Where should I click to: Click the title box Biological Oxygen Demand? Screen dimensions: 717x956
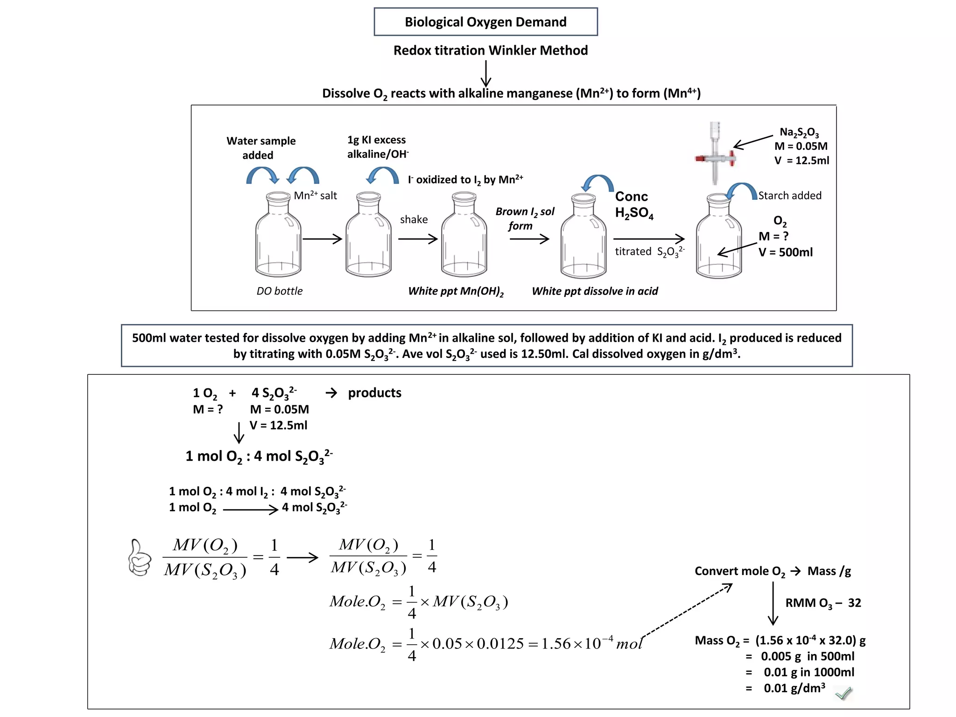[485, 22]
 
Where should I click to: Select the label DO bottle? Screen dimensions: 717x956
[279, 291]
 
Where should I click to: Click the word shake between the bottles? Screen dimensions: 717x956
[414, 219]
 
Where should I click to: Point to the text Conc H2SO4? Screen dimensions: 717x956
[633, 204]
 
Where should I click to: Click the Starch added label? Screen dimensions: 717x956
[789, 196]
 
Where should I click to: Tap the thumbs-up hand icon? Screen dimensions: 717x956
[139, 558]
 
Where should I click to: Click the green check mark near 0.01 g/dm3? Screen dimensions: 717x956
[844, 693]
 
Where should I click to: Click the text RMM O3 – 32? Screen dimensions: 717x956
[822, 603]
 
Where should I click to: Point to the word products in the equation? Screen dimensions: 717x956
[374, 393]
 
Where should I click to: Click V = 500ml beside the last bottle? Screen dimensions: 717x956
[785, 253]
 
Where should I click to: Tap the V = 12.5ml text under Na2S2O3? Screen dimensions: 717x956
[801, 161]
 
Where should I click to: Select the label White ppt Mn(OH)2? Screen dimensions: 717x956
[456, 291]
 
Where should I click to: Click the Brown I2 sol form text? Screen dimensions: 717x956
[524, 218]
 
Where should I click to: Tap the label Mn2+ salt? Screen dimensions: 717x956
[315, 196]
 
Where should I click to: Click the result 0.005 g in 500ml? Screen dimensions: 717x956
[807, 656]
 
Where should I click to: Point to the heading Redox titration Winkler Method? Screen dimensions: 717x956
[490, 50]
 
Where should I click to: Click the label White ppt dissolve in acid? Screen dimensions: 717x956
[595, 291]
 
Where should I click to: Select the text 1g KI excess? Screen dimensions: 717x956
[376, 140]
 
